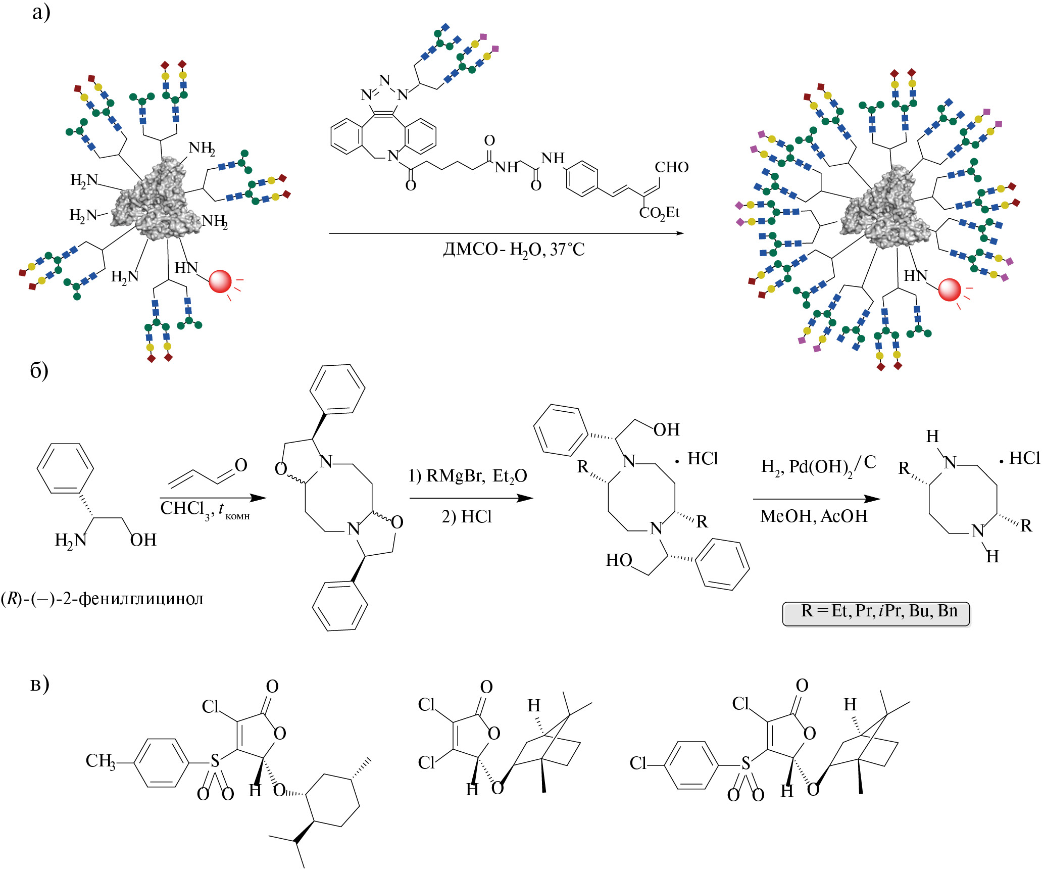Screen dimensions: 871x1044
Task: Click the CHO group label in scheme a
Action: click(x=671, y=167)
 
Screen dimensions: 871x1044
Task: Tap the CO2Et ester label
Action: click(x=659, y=213)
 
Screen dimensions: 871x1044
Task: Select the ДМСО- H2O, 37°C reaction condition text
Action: click(x=514, y=250)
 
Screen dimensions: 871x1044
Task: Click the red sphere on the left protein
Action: click(x=220, y=281)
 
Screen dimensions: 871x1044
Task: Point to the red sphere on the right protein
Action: click(x=949, y=289)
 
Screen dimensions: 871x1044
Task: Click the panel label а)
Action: click(x=41, y=12)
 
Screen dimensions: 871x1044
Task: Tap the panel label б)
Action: click(x=39, y=371)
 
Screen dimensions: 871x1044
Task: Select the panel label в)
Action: click(x=40, y=684)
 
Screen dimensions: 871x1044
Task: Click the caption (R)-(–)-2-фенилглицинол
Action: click(x=102, y=599)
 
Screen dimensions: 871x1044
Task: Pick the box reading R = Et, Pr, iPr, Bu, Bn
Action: click(x=876, y=613)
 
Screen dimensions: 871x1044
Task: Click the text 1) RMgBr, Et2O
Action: click(x=468, y=476)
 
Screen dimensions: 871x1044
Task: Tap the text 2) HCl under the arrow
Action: click(x=467, y=516)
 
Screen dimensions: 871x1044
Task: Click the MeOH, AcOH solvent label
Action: click(x=814, y=516)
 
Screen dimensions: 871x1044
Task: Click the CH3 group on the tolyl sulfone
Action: click(x=100, y=761)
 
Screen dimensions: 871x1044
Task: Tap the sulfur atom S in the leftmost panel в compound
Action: click(x=215, y=761)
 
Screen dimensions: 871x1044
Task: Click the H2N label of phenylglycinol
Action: click(x=71, y=540)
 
